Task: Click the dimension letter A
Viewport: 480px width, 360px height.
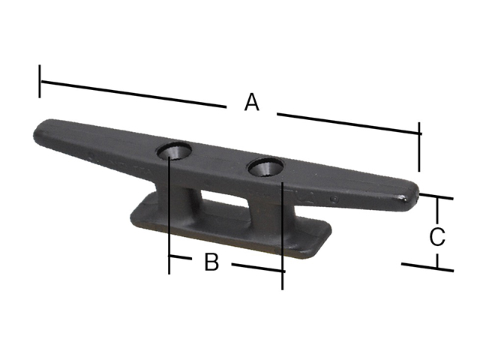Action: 252,102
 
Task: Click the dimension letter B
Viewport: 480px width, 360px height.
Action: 211,262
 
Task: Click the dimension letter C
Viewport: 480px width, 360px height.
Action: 437,236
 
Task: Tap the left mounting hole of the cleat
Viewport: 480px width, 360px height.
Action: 174,150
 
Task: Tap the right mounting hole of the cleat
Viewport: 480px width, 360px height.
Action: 265,166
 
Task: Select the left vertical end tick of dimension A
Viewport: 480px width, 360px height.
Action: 40,82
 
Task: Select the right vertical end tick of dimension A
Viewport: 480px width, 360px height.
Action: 418,147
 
